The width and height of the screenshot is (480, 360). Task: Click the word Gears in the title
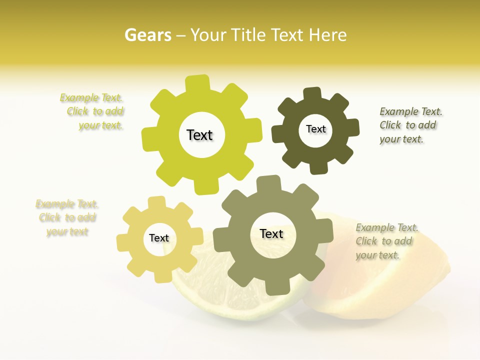[x=147, y=35]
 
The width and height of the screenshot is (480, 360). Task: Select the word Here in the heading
[x=327, y=35]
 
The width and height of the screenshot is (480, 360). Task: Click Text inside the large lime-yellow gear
[x=200, y=135]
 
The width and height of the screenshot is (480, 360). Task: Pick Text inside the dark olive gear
[x=315, y=129]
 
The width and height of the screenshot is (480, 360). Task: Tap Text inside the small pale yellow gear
[x=159, y=238]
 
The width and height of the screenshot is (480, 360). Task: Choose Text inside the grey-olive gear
[x=271, y=233]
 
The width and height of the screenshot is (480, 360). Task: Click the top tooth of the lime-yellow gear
[x=197, y=83]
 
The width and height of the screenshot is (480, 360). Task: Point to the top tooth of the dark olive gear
[x=312, y=94]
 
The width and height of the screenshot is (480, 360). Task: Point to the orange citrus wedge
[x=390, y=285]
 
